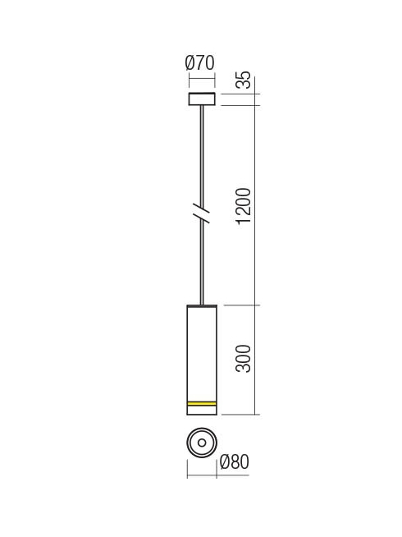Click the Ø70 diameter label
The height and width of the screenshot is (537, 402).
point(200,62)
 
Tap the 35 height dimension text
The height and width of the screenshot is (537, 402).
point(244,80)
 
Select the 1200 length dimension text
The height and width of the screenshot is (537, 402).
point(244,205)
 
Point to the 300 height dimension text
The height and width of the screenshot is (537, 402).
point(244,359)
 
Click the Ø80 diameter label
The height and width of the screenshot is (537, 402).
point(235,461)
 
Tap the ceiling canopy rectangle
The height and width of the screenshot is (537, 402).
point(202,99)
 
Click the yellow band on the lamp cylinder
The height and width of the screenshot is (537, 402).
point(202,404)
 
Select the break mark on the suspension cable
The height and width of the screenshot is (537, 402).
point(202,213)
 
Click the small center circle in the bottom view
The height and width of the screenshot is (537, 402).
point(202,443)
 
